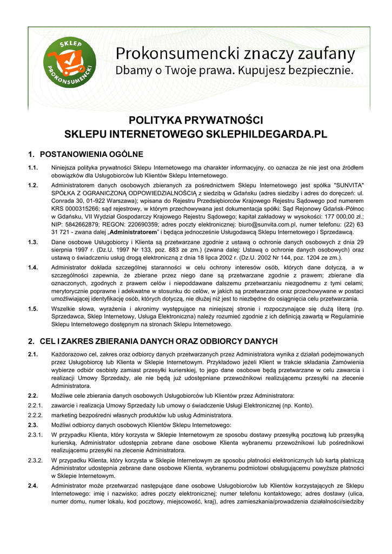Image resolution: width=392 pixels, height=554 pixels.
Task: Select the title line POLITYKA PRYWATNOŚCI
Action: point(196,120)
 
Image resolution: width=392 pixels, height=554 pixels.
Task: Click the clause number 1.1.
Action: point(33,167)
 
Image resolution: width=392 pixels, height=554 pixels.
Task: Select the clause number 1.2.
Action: point(33,185)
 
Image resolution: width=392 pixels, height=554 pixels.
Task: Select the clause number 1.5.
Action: point(33,308)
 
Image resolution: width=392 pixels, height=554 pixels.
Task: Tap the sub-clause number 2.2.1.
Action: point(35,406)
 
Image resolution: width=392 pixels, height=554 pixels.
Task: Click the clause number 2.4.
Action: point(33,485)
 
